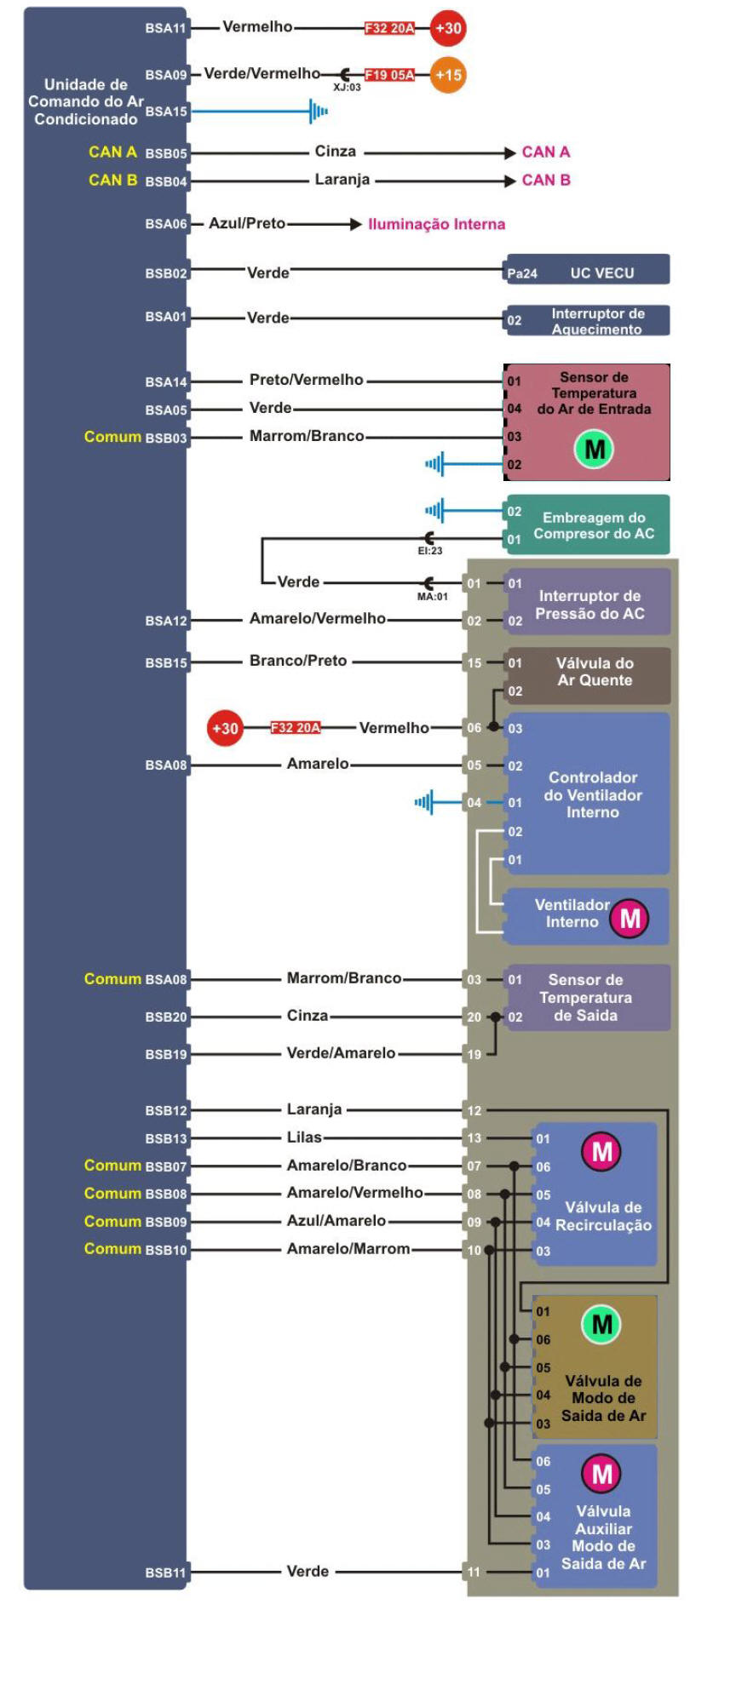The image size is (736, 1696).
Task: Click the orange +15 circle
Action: click(x=448, y=75)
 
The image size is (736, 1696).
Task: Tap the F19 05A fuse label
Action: click(x=389, y=75)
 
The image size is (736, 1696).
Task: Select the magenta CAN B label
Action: click(x=546, y=180)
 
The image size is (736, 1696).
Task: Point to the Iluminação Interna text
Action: click(x=436, y=225)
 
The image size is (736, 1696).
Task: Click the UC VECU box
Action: click(x=588, y=272)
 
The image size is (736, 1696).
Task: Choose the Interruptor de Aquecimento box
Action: click(x=588, y=321)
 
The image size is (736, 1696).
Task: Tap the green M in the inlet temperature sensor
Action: click(x=595, y=449)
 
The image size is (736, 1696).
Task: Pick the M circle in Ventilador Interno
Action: click(x=630, y=919)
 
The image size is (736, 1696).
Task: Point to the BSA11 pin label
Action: click(x=165, y=28)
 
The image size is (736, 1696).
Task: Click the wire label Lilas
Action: click(x=304, y=1137)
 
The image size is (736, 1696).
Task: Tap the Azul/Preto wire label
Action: click(x=247, y=224)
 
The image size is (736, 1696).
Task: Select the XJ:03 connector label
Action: click(x=347, y=87)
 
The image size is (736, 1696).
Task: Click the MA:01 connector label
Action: click(x=432, y=597)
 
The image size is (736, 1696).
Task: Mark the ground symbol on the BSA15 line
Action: click(x=319, y=111)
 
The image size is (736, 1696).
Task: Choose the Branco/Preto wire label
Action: click(x=298, y=662)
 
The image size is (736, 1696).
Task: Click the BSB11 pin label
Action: click(x=165, y=1573)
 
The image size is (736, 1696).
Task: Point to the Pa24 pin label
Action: click(x=522, y=274)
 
